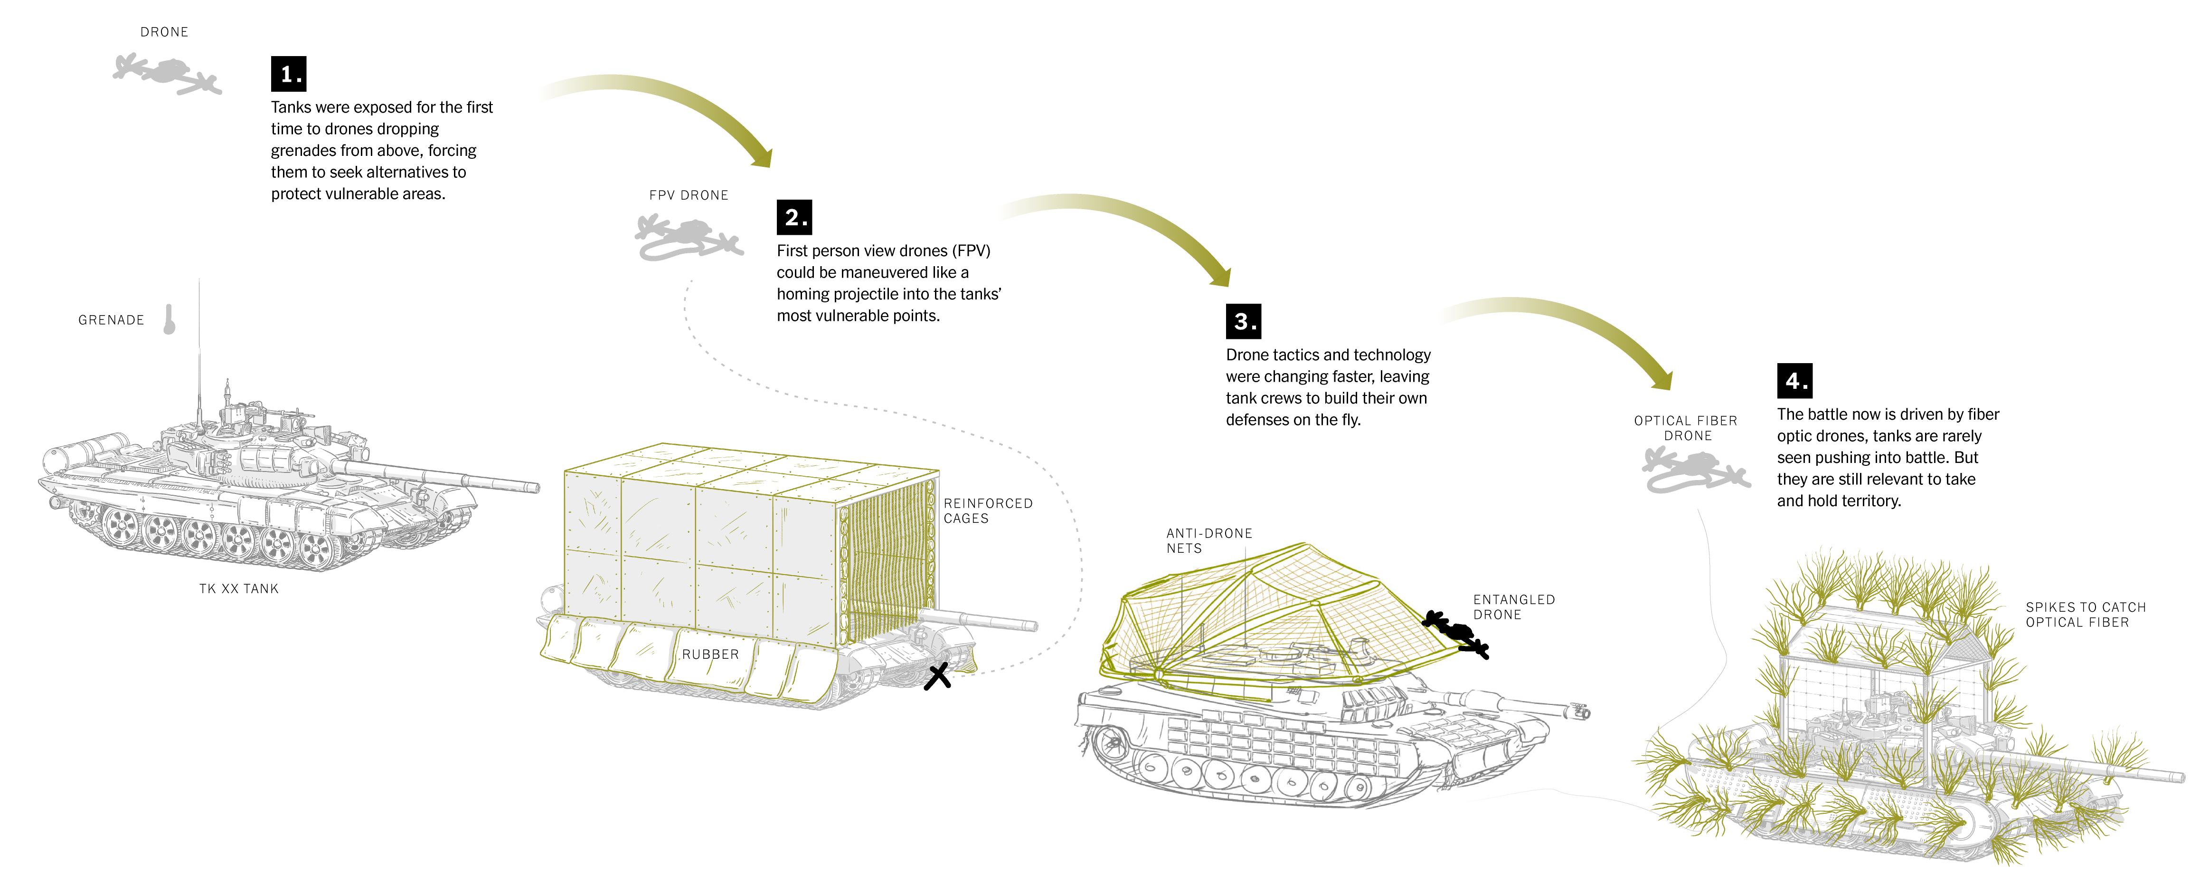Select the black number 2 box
click(x=794, y=217)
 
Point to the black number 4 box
click(x=1795, y=380)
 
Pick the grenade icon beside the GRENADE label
click(x=170, y=319)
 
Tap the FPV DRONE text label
click(x=689, y=196)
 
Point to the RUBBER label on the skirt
click(x=710, y=654)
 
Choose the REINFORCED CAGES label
click(x=988, y=510)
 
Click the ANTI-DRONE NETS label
click(x=1209, y=540)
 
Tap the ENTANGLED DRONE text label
click(x=1513, y=606)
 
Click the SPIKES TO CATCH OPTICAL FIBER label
click(x=2086, y=615)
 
